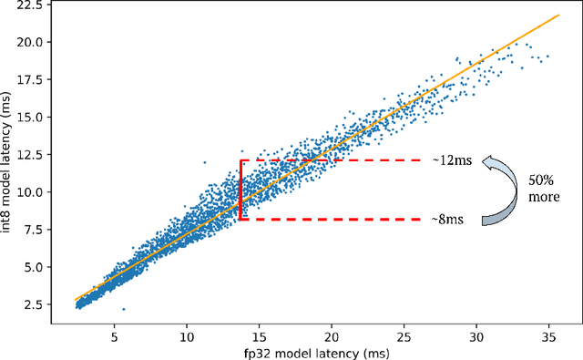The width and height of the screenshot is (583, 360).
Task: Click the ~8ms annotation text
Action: [x=447, y=220]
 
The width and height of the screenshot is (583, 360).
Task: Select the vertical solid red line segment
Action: [x=240, y=190]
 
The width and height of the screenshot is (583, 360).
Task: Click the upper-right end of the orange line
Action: [x=557, y=15]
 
